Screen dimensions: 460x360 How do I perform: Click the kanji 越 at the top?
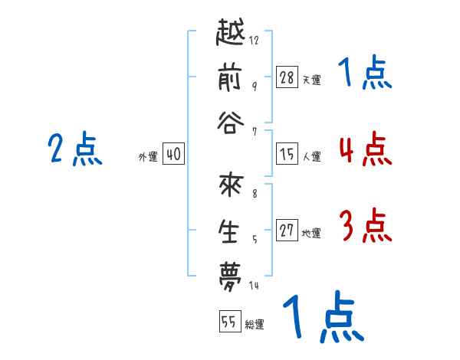[x=230, y=32]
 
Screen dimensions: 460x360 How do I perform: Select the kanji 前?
[x=230, y=77]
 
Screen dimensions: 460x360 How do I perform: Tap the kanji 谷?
[x=231, y=123]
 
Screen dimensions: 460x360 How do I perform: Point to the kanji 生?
[x=228, y=231]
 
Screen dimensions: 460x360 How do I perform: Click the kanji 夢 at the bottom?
[x=230, y=277]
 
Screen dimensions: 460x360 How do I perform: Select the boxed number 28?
[x=287, y=77]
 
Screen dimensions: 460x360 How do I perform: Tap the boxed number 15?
[x=287, y=153]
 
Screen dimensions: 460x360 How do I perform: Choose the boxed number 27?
[x=287, y=230]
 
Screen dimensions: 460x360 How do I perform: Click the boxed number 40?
[x=173, y=153]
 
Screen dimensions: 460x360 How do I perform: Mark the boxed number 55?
[x=230, y=321]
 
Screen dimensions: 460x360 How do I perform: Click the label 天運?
[x=312, y=80]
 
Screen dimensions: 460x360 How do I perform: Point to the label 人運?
[x=312, y=156]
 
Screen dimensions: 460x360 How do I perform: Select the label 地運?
[x=311, y=233]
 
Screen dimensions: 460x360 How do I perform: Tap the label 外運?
[x=148, y=156]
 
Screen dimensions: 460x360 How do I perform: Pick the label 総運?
[x=255, y=325]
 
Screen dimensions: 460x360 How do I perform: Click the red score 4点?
[x=366, y=149]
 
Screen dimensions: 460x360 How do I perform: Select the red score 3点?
[x=366, y=225]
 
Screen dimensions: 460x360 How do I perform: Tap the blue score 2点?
[x=75, y=149]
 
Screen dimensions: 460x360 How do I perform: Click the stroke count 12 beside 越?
[x=254, y=40]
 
